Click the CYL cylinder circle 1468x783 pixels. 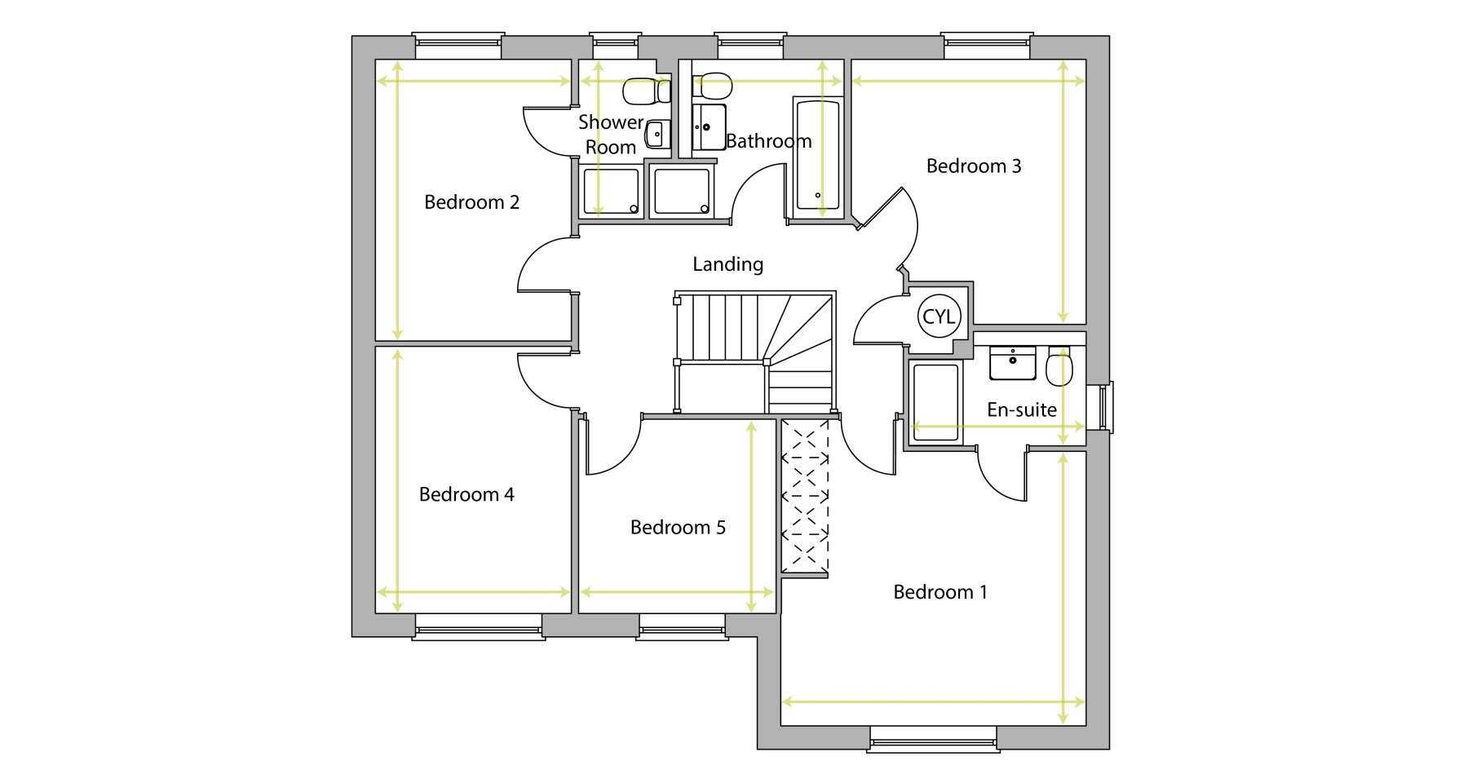[x=939, y=316]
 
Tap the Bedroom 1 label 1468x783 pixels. [x=940, y=592]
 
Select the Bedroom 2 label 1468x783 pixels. [x=471, y=202]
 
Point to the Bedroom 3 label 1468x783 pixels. [x=974, y=166]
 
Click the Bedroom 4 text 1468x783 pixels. [x=466, y=494]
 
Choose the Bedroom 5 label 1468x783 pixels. [x=678, y=528]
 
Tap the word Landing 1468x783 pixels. [x=728, y=264]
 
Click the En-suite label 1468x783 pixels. [x=1022, y=409]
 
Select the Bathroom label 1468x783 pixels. [x=769, y=141]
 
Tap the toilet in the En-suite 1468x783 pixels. [x=1060, y=366]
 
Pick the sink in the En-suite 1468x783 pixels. [x=1013, y=363]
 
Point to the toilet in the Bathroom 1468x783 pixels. [x=712, y=85]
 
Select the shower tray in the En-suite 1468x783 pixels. [x=936, y=403]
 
